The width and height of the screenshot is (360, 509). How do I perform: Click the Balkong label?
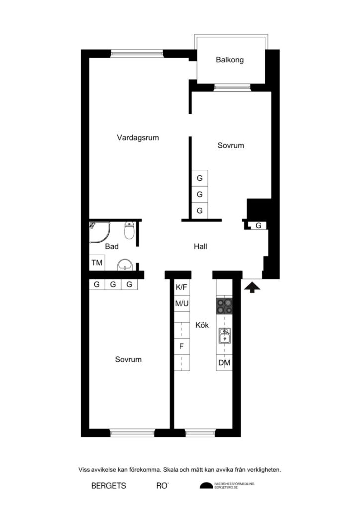click(x=229, y=60)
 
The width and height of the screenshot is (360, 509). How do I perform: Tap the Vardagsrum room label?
click(x=138, y=138)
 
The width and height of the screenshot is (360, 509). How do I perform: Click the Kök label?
click(x=202, y=325)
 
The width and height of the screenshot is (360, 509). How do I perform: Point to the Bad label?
click(x=112, y=246)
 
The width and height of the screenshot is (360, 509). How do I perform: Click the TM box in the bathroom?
click(x=97, y=263)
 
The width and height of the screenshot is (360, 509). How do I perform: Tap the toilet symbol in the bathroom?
click(x=129, y=230)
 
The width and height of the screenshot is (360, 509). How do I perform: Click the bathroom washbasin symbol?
click(x=124, y=266)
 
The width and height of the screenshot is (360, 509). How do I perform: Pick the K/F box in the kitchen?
click(x=181, y=287)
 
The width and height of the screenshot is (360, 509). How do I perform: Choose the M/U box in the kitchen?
click(x=181, y=303)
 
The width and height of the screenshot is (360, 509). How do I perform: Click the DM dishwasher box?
click(x=224, y=363)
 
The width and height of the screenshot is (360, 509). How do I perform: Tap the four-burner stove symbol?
click(x=224, y=305)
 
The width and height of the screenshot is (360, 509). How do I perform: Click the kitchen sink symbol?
click(x=224, y=337)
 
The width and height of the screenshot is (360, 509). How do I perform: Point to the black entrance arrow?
click(x=252, y=287)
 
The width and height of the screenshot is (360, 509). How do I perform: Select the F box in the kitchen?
click(x=181, y=346)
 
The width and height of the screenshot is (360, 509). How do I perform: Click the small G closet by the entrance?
click(x=258, y=226)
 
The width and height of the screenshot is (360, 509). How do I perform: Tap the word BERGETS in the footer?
click(x=109, y=486)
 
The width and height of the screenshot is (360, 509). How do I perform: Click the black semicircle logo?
click(x=205, y=486)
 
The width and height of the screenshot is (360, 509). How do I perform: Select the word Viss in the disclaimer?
click(x=85, y=469)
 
